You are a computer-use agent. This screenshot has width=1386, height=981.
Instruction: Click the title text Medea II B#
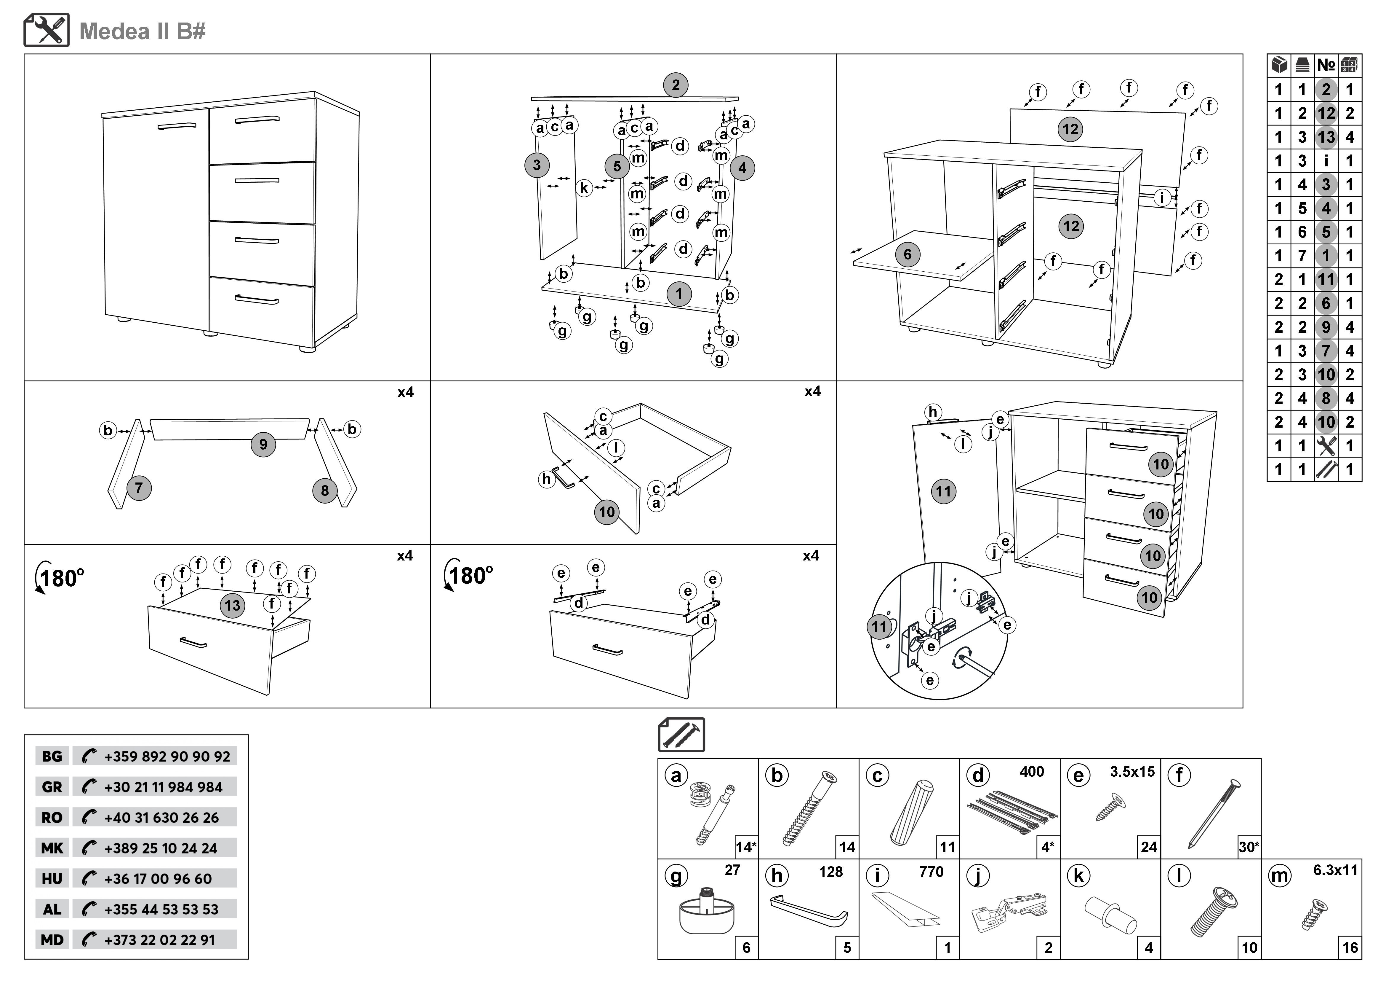click(143, 31)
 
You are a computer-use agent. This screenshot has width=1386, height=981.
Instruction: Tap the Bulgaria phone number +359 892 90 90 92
click(167, 756)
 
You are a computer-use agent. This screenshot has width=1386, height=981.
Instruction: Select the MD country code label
click(52, 940)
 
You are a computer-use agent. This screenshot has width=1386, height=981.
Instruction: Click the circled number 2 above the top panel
click(676, 85)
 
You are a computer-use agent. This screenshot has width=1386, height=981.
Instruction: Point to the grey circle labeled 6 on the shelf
click(907, 254)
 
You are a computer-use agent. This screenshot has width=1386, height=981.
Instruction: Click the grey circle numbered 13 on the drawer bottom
click(232, 605)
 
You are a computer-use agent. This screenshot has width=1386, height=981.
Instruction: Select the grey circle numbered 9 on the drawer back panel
click(263, 445)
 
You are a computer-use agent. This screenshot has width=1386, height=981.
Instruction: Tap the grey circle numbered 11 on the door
click(944, 491)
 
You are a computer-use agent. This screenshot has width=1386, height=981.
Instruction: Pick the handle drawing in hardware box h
click(809, 911)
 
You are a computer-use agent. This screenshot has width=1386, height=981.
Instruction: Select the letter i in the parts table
click(1326, 161)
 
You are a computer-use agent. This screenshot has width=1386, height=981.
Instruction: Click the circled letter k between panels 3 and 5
click(584, 188)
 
